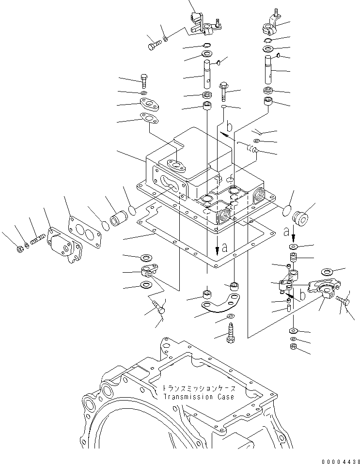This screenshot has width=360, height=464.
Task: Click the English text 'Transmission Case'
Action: pyautogui.click(x=198, y=397)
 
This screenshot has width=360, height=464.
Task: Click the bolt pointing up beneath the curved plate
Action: pyautogui.click(x=230, y=335)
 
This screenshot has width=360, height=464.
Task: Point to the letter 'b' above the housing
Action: pyautogui.click(x=230, y=127)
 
